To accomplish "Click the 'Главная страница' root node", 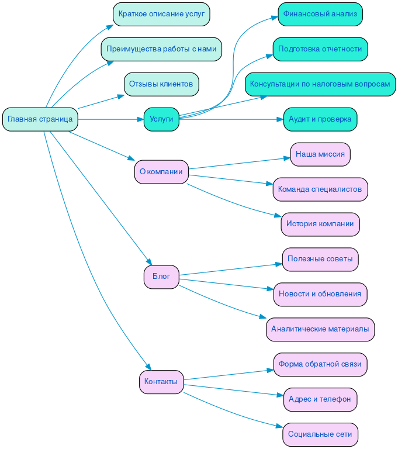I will (40, 119).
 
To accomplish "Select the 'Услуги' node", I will (161, 119).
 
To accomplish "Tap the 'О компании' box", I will (161, 172).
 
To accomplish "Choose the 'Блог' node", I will (161, 277).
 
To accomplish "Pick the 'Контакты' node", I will (161, 382).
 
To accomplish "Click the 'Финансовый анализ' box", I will (320, 14).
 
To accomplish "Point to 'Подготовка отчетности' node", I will (320, 49).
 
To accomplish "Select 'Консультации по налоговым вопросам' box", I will (320, 84).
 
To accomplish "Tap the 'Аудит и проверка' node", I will (320, 119).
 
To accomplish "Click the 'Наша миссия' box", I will (320, 154).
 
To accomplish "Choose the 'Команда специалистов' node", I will (320, 189).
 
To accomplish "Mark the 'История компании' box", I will (320, 224).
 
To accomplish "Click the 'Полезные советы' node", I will (320, 259).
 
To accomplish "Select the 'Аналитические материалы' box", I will (320, 329).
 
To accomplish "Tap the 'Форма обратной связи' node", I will (320, 364).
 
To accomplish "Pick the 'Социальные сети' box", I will (320, 434).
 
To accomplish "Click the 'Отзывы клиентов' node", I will (161, 84).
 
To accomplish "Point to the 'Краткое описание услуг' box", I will (161, 14).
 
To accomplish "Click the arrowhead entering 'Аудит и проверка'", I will (280, 119).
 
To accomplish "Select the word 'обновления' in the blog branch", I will (342, 294).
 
